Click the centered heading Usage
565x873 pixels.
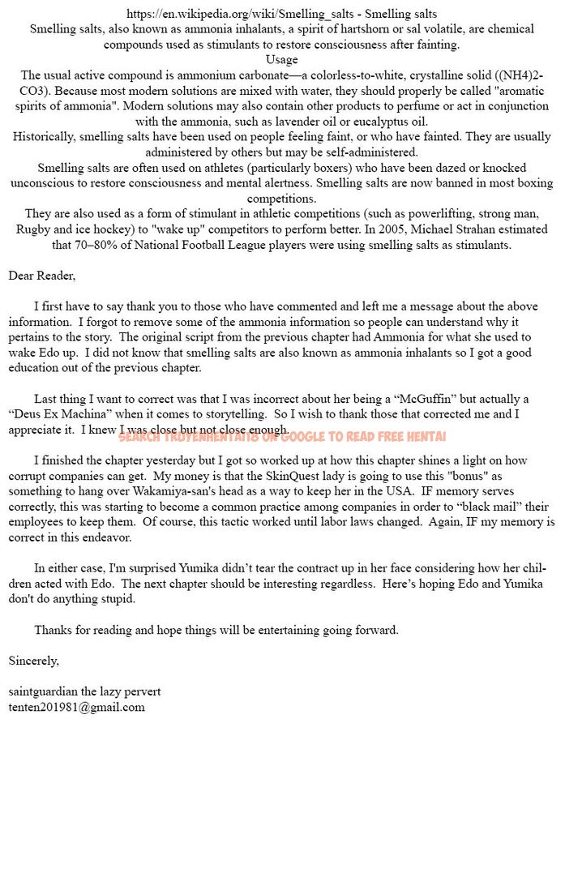click(x=281, y=59)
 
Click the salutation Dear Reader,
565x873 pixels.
click(x=42, y=276)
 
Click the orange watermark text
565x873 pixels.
click(x=282, y=436)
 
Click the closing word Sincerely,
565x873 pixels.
click(x=34, y=661)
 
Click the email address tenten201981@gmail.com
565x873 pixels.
click(x=77, y=707)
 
